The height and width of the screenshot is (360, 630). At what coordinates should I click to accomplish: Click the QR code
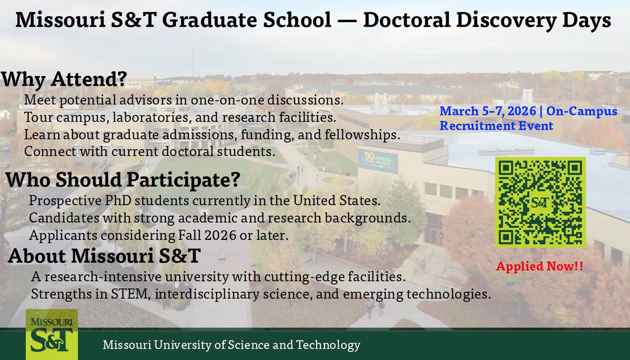click(x=540, y=202)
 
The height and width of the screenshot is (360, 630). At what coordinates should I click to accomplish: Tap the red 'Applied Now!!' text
click(x=540, y=266)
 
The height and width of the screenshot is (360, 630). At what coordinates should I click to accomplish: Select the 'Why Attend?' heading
click(x=64, y=79)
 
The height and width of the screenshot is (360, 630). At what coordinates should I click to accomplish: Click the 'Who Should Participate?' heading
click(x=123, y=181)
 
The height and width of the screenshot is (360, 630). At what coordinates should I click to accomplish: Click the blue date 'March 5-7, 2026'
click(x=484, y=111)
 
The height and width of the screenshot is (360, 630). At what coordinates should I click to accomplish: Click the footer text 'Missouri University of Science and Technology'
click(x=232, y=345)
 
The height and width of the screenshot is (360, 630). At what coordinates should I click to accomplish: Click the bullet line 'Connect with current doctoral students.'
click(x=150, y=153)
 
